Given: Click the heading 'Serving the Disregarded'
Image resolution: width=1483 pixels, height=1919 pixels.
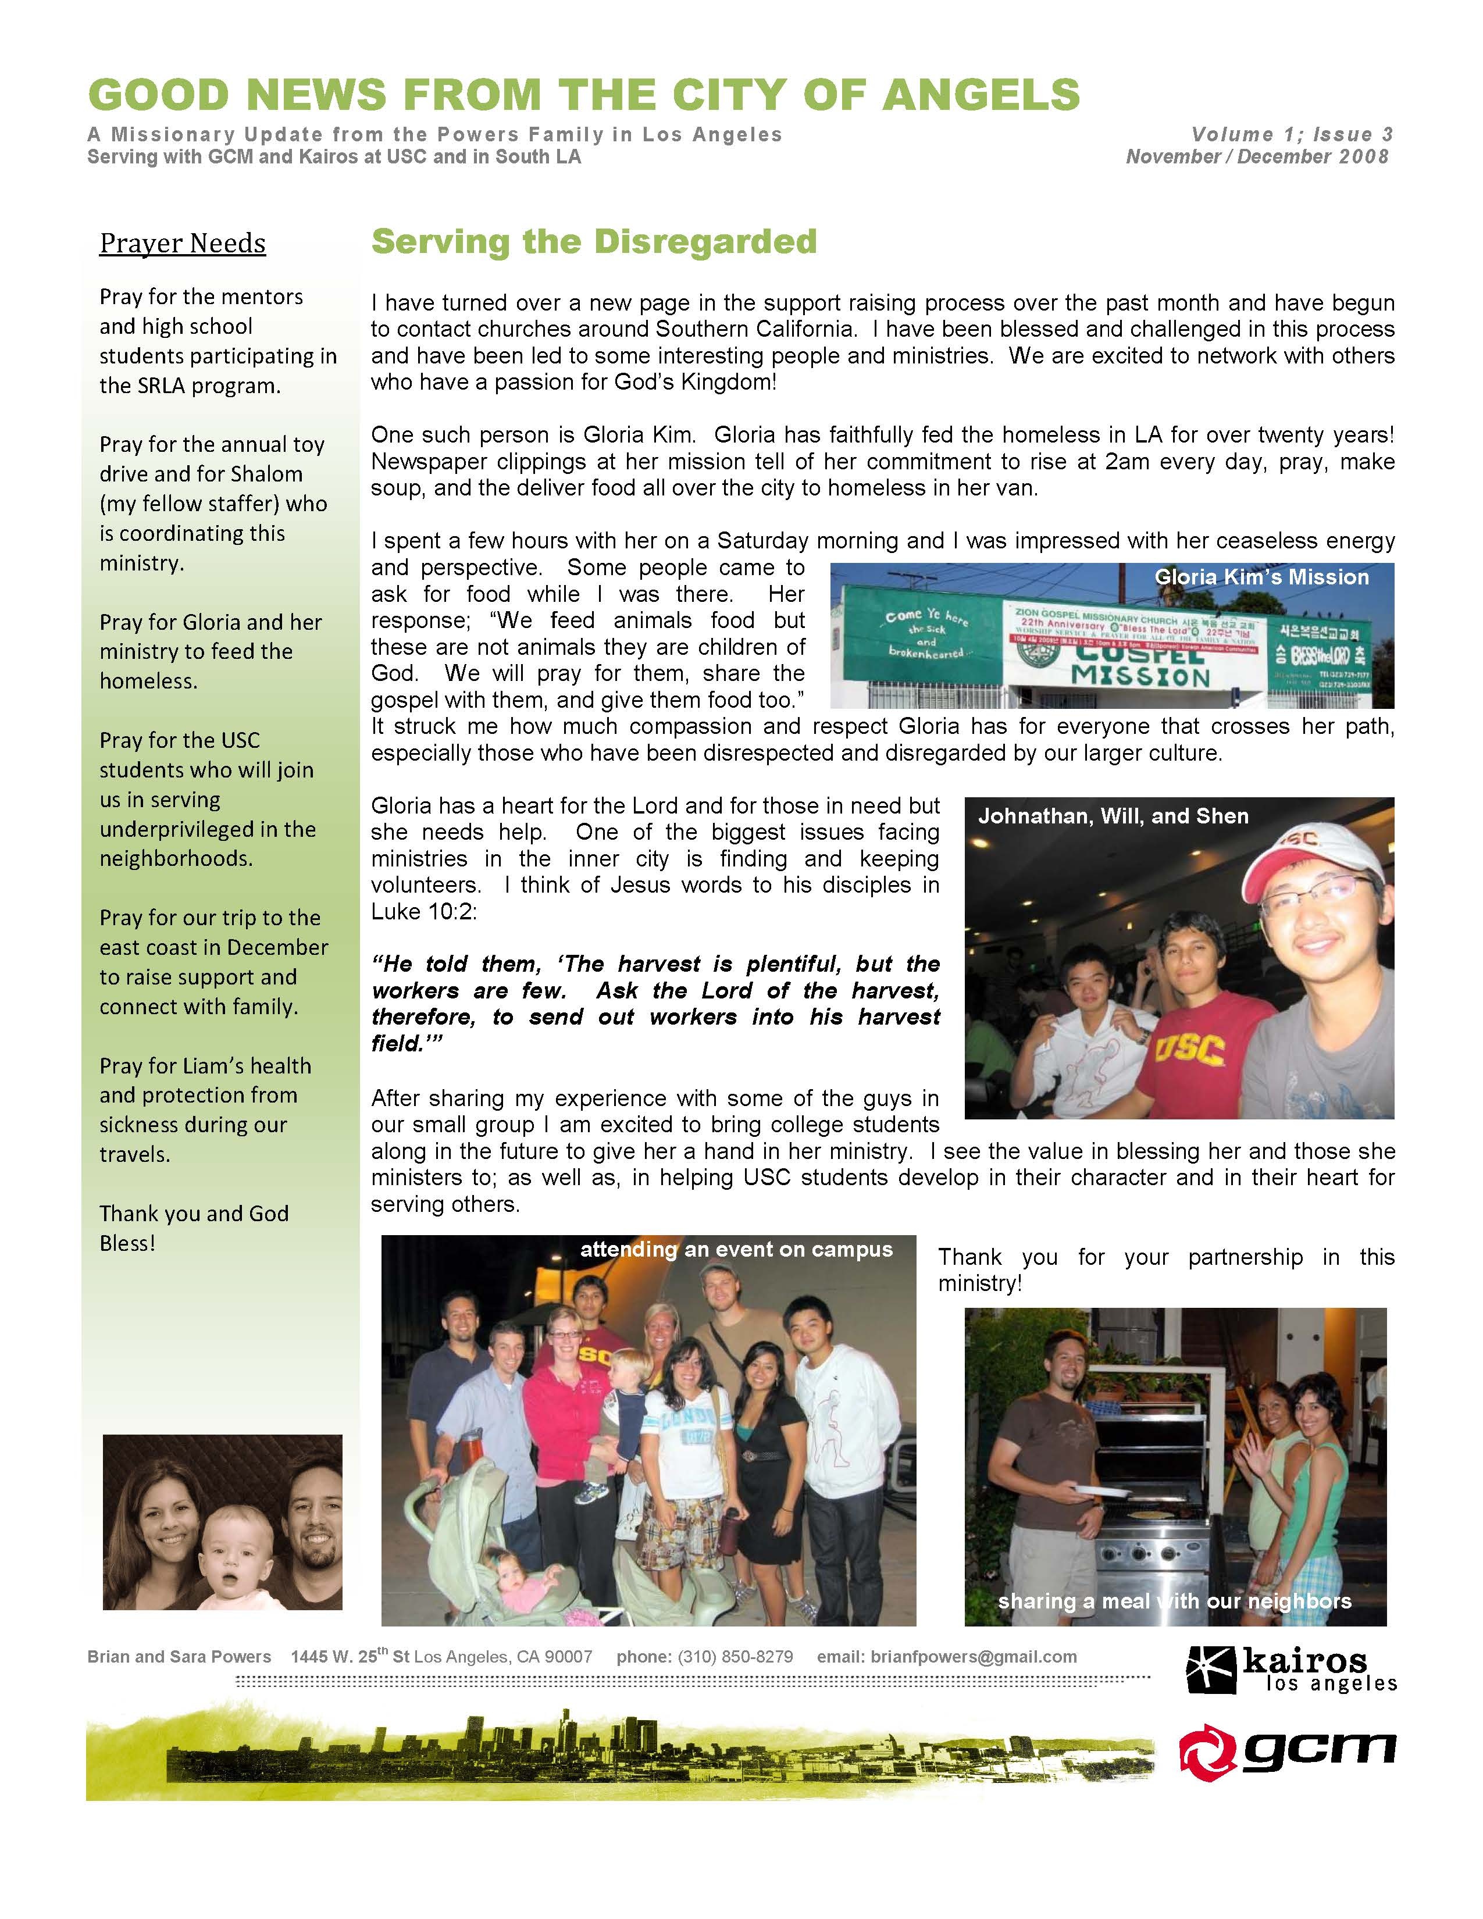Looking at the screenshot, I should [594, 242].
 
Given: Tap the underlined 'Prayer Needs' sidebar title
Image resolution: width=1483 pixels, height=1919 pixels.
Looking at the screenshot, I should [183, 244].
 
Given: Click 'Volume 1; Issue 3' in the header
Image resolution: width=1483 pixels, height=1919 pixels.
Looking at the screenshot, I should [1292, 134].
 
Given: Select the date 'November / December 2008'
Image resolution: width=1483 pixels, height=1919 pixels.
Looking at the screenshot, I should [1257, 157].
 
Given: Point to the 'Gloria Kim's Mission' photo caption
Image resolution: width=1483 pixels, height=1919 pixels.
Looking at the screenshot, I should [1261, 577].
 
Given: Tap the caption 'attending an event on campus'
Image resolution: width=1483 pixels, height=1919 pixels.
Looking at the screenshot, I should [736, 1250].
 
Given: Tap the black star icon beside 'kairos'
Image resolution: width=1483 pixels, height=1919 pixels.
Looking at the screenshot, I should [1211, 1670].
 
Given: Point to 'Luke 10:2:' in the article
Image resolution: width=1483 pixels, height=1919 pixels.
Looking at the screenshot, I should [423, 911].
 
